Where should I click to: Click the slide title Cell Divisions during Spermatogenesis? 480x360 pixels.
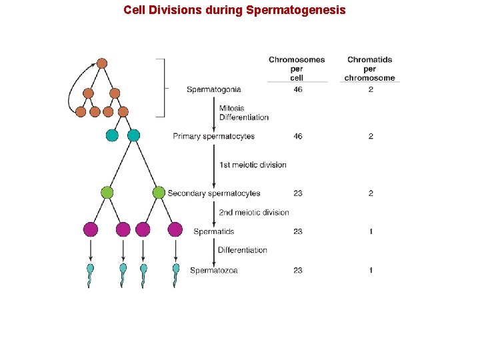pos(235,10)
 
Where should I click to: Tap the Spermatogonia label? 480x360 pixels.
pos(214,89)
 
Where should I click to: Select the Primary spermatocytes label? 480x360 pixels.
pos(213,137)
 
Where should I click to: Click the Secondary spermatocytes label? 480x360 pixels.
pos(214,193)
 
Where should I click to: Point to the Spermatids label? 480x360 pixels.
pos(213,232)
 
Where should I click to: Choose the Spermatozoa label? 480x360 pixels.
pos(213,271)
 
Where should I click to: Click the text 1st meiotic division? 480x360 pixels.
pos(253,165)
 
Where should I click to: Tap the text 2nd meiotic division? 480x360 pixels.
pos(254,213)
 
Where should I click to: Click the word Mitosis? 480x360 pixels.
pos(231,108)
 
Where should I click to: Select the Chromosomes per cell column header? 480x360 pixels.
pos(297,69)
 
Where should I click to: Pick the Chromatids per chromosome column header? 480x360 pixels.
pos(370,69)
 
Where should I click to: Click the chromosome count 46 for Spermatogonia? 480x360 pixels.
pos(297,89)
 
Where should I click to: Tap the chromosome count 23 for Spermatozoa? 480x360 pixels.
pos(297,271)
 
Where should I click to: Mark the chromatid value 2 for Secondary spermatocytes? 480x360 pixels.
pos(371,193)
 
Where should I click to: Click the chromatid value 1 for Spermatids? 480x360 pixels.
pos(371,232)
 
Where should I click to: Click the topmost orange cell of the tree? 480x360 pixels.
pos(101,63)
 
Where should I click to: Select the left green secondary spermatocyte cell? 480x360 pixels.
pos(107,193)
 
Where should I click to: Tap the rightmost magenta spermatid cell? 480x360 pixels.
pos(175,230)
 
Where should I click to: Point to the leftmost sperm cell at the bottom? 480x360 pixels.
pos(91,273)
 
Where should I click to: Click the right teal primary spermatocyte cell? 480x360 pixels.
pos(133,135)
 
